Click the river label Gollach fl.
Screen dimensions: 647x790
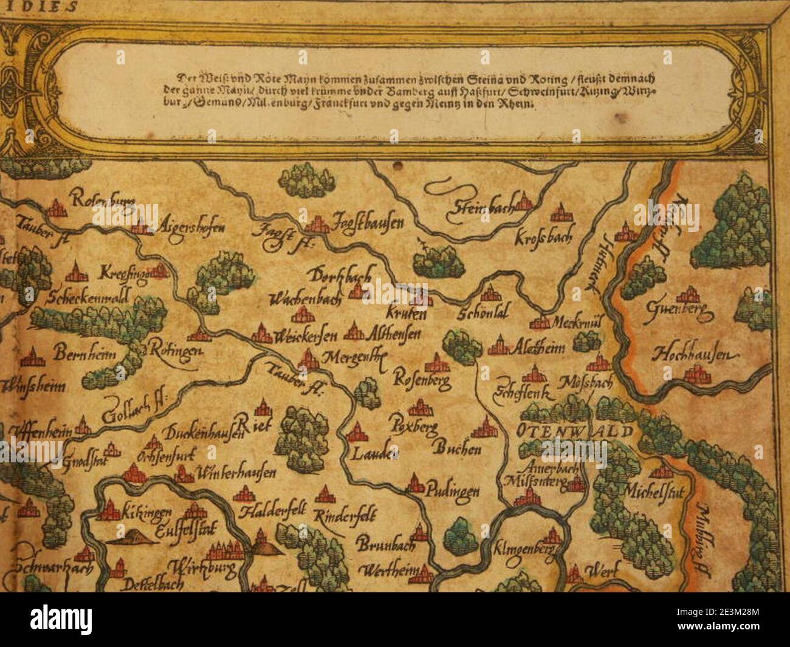point(133,409)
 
